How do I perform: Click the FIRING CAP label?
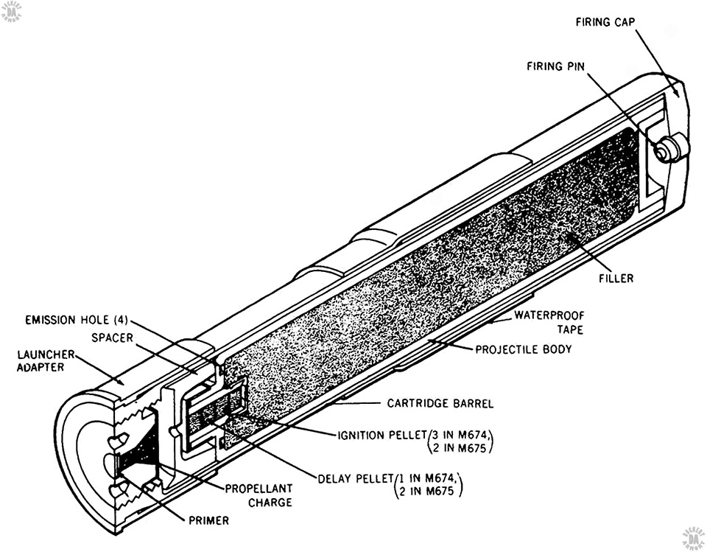[605, 22]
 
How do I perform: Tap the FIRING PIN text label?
[557, 66]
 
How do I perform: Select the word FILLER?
[616, 279]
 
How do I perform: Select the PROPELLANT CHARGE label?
[258, 495]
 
